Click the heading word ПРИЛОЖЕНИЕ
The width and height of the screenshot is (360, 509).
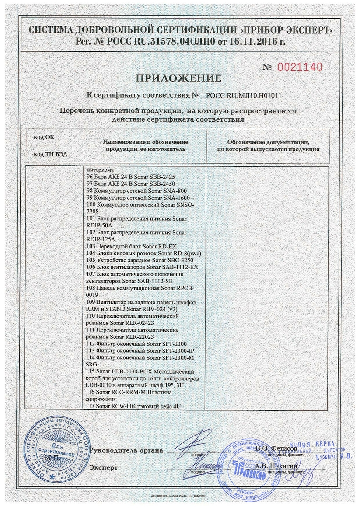pos(178,79)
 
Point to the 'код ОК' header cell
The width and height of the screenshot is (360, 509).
pos(44,136)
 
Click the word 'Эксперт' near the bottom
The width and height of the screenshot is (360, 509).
pos(103,467)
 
